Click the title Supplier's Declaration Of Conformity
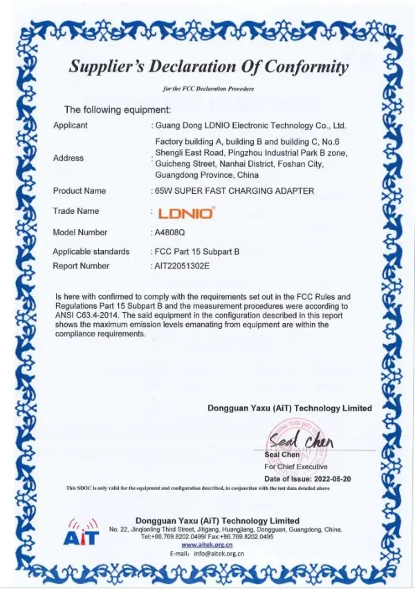pyautogui.click(x=208, y=67)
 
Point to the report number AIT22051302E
pyautogui.click(x=181, y=266)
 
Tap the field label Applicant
pyautogui.click(x=71, y=125)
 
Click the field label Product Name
pyautogui.click(x=80, y=190)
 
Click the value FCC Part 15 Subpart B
pyautogui.click(x=196, y=251)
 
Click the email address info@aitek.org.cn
pyautogui.click(x=220, y=554)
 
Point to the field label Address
pyautogui.click(x=68, y=158)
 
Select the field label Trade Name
pyautogui.click(x=76, y=211)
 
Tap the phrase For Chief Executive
pyautogui.click(x=296, y=467)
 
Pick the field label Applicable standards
pyautogui.click(x=91, y=251)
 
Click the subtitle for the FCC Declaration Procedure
pyautogui.click(x=208, y=89)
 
